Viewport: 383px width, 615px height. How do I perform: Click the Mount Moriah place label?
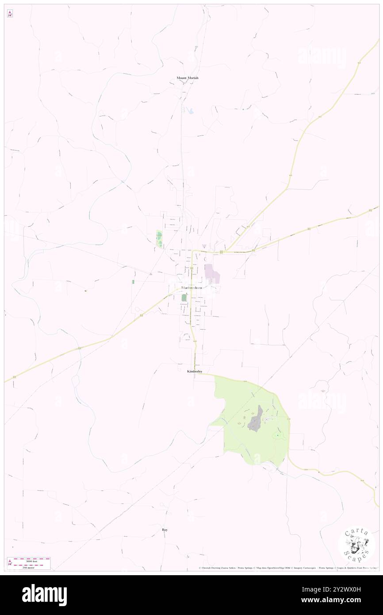pos(188,78)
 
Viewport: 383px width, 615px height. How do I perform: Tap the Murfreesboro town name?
pos(191,288)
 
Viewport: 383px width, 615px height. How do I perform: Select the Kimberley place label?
pos(195,371)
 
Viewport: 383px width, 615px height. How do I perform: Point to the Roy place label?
pos(165,529)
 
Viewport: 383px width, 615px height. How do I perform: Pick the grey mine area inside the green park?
pos(254,419)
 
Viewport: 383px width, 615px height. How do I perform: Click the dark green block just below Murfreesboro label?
pos(184,298)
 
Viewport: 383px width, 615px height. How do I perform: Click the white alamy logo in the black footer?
pos(45,595)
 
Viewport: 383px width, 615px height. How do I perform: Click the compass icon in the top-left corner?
pos(10,14)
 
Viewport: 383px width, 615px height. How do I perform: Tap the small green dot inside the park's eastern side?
pos(278,436)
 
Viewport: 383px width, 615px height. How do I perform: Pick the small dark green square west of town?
pos(133,281)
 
